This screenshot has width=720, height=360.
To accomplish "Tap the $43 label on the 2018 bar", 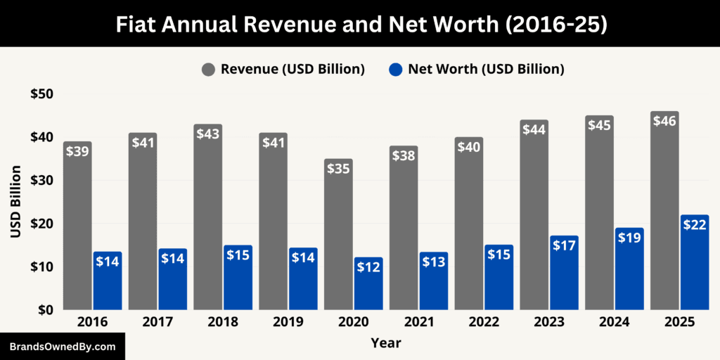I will (208, 134).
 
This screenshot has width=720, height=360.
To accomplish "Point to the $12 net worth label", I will (368, 268).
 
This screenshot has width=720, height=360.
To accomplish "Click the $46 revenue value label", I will (664, 121).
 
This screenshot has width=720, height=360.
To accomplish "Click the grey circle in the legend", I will (209, 69).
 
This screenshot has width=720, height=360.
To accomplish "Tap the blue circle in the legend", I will (396, 69).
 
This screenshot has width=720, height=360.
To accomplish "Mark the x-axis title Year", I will (386, 343).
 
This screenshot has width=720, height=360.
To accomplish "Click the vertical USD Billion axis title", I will (15, 202).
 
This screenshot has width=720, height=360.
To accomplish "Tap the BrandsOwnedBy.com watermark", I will (63, 347).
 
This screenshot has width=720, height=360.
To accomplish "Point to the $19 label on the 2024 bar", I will (629, 238).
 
